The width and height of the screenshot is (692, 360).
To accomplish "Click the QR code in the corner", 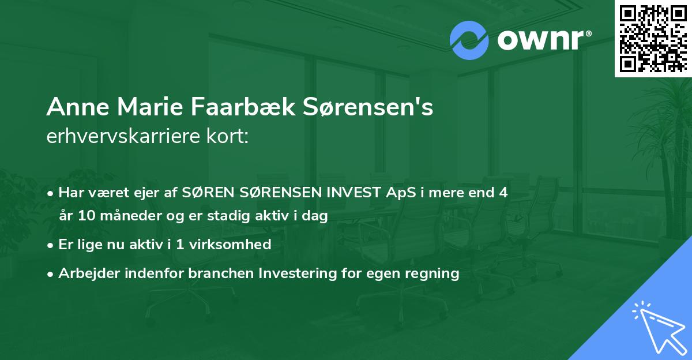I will point(653,38).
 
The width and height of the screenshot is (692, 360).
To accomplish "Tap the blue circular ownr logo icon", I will point(469,40).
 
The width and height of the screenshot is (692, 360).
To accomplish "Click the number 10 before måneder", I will point(84,216).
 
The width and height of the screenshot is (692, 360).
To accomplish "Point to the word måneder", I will point(122,216).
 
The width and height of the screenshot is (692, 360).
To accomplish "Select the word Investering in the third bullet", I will point(295,273).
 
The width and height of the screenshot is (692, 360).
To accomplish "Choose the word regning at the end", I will point(432,273).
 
